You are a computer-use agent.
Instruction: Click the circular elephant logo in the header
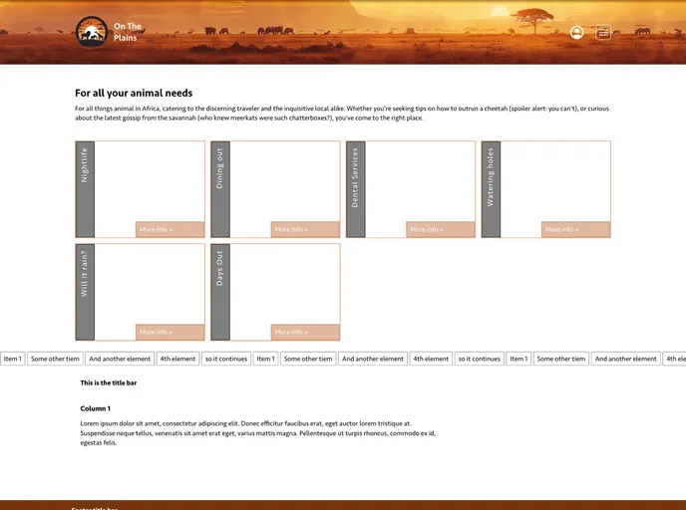click(92, 32)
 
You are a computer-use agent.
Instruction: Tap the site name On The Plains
click(127, 32)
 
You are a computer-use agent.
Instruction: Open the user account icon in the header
click(576, 32)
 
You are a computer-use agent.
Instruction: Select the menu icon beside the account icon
click(603, 32)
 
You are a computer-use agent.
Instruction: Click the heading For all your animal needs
click(134, 93)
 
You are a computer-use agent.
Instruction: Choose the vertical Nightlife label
click(85, 165)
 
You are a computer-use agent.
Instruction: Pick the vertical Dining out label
click(220, 169)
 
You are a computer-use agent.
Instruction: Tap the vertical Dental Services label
click(356, 177)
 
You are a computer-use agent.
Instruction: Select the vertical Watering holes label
click(491, 177)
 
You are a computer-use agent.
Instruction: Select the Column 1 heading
click(96, 408)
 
